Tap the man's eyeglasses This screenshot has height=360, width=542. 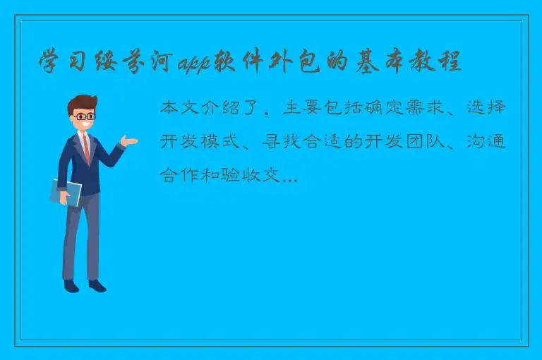pos(83,116)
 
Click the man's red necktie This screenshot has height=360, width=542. pos(86,148)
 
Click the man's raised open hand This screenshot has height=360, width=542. pos(129,141)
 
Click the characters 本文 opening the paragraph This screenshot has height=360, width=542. pos(179,109)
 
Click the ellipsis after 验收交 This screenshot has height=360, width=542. pos(290,179)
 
